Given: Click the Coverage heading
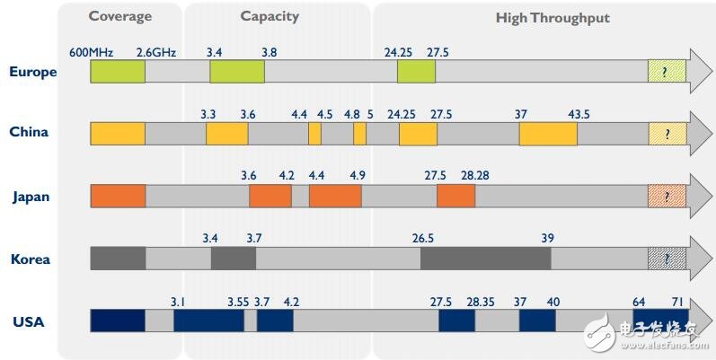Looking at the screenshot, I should [x=120, y=17].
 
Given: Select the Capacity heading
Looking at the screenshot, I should [x=270, y=17].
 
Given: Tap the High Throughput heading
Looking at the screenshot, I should [x=552, y=18].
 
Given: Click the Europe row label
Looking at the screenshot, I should [x=33, y=72].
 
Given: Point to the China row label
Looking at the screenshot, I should [x=29, y=132].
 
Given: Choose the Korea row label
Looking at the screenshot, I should [x=31, y=259].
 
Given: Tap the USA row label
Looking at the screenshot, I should [x=28, y=321].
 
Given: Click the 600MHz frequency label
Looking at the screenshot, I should [x=89, y=52].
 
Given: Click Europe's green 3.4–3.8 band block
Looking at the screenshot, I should [x=237, y=72].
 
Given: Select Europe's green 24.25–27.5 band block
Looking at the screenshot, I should [x=416, y=72].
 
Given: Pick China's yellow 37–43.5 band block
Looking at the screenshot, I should [x=548, y=134].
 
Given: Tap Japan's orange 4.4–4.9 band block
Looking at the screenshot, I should [x=334, y=197].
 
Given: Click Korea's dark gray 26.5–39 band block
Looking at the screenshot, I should [x=485, y=259].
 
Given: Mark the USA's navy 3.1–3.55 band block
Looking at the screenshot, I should [x=208, y=321].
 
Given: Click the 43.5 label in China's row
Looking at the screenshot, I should [x=579, y=114].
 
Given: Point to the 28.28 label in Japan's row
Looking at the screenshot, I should [x=475, y=176].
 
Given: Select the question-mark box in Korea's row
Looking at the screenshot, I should [x=667, y=259].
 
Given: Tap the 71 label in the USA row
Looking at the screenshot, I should [x=680, y=302].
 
